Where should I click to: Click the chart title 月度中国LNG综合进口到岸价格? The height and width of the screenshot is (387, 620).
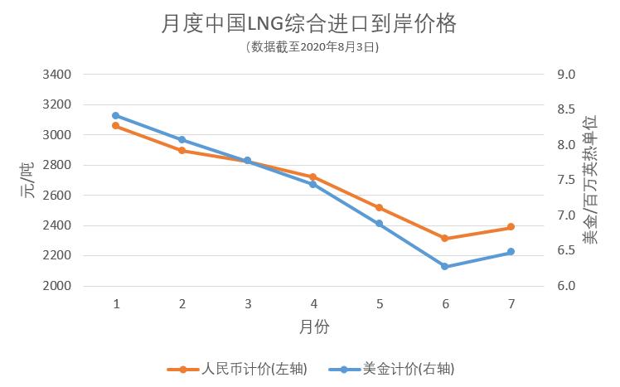coord(309,24)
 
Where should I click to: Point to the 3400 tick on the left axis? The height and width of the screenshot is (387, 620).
coord(56,75)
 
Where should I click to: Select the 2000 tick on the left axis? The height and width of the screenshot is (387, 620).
coord(56,286)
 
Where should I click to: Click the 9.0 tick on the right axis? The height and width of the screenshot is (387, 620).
coord(566,75)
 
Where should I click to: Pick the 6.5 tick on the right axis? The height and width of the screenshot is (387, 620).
coord(566,251)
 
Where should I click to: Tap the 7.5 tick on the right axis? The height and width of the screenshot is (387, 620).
coord(566,181)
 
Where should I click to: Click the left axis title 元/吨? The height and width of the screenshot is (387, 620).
coord(27,180)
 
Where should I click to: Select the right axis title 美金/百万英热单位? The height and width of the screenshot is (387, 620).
coord(589,179)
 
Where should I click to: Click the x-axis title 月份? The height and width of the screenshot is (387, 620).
coord(314,327)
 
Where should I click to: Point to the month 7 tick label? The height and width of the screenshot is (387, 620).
coord(511,304)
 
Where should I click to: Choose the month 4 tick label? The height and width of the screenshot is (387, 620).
coord(313,304)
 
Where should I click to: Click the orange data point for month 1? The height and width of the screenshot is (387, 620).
coord(116,126)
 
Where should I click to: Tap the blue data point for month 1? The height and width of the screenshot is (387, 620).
coord(116,116)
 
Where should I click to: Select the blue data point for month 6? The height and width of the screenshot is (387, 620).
coord(445,267)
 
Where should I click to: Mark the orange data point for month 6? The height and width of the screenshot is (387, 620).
coord(445,239)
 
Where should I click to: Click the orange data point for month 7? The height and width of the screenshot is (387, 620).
coord(511,227)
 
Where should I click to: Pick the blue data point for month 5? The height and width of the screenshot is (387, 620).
coord(380,224)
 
